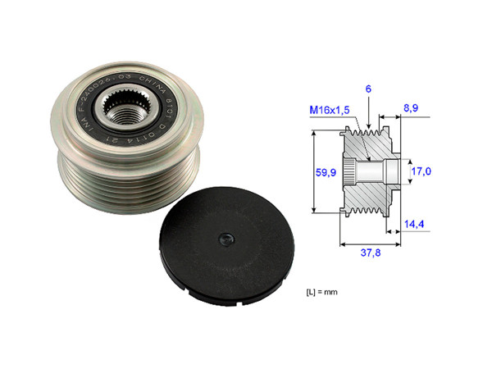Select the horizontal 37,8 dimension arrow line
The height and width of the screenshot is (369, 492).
click(370, 244)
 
